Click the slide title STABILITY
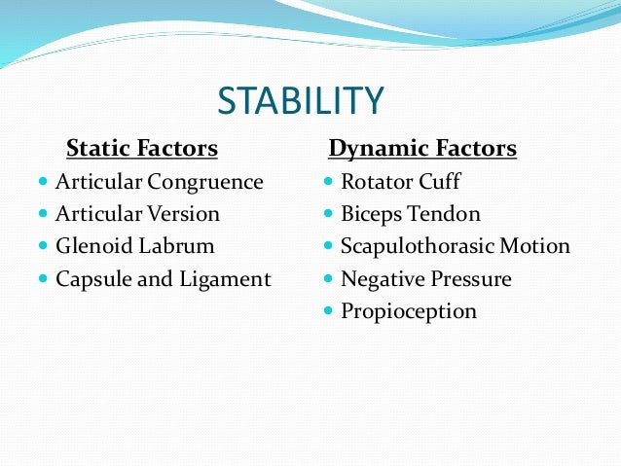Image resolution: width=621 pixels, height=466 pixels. click(x=301, y=100)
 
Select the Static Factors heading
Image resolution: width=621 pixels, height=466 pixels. click(x=141, y=149)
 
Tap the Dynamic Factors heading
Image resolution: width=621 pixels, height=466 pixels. click(x=422, y=149)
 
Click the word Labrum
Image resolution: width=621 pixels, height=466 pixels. click(x=177, y=246)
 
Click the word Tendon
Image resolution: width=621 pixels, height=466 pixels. click(x=446, y=214)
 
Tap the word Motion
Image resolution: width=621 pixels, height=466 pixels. click(x=534, y=246)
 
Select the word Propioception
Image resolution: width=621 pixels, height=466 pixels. click(x=409, y=312)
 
